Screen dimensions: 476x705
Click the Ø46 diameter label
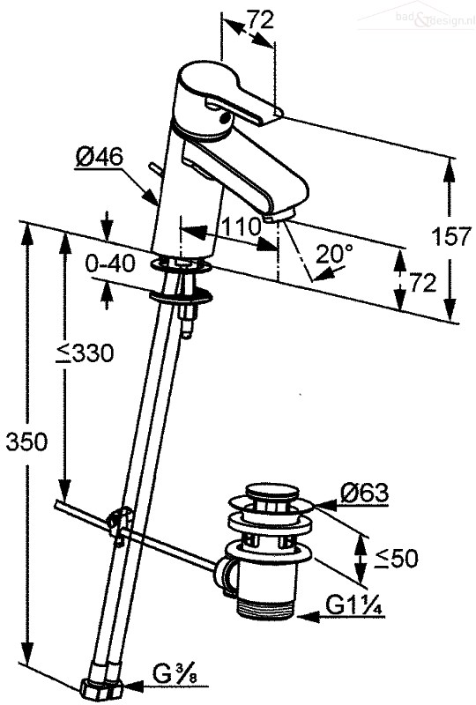(100, 158)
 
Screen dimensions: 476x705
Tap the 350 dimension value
(26, 442)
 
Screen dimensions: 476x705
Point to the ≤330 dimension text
(85, 353)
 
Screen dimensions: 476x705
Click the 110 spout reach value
(242, 227)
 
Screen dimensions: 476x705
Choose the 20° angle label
(334, 254)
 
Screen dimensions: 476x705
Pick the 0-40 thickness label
(110, 263)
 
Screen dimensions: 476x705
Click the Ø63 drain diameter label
(364, 493)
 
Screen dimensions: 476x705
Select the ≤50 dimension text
(398, 559)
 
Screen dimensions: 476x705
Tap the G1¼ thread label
(354, 606)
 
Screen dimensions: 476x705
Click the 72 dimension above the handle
(260, 20)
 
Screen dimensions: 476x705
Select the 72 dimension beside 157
(422, 283)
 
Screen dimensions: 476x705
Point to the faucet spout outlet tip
(279, 216)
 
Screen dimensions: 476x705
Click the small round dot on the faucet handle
(224, 119)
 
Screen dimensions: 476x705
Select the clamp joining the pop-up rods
(120, 522)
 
